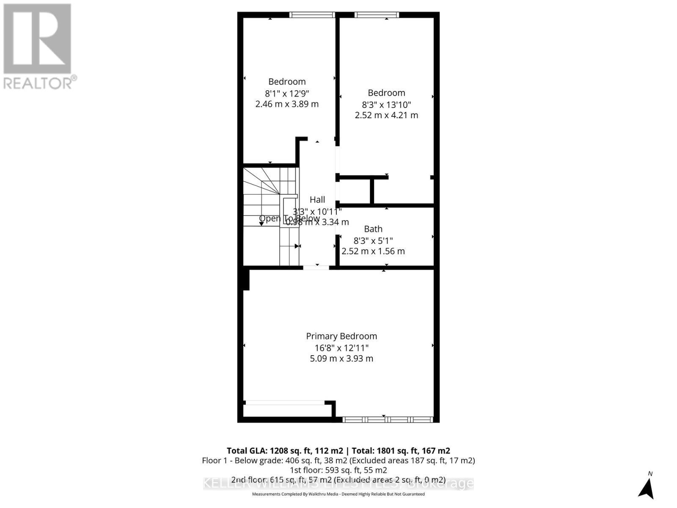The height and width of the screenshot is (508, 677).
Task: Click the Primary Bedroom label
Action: [x=341, y=336]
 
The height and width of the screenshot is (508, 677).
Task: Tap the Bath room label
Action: [x=373, y=229]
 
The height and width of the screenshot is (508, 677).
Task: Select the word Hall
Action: [x=317, y=200]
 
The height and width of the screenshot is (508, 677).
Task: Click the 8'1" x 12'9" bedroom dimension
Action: [x=287, y=93]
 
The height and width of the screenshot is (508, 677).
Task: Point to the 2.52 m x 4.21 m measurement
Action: [x=386, y=115]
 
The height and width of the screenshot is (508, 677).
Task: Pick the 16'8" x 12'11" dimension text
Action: [x=341, y=348]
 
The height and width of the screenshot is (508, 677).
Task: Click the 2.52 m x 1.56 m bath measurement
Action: [x=373, y=251]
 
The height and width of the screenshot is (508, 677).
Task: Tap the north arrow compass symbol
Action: [x=646, y=487]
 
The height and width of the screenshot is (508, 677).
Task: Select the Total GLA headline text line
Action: [x=338, y=450]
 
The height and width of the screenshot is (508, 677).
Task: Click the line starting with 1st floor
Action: [x=338, y=470]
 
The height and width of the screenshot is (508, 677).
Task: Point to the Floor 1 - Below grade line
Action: [x=338, y=460]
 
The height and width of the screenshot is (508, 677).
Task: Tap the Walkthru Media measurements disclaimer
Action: [x=338, y=494]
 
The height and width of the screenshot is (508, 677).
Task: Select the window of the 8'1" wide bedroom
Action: [x=312, y=15]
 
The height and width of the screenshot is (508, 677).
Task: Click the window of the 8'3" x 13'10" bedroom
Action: [x=377, y=15]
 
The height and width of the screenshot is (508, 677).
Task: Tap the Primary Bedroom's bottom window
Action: [x=388, y=420]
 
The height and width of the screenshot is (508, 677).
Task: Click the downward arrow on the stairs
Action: [x=261, y=223]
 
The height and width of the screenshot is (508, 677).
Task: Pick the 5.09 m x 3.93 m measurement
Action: [x=341, y=359]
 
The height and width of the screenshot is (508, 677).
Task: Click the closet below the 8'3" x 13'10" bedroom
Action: [x=355, y=191]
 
